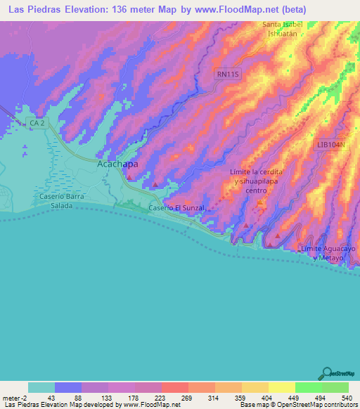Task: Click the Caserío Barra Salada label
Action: click(62, 200)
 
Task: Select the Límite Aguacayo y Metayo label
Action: click(325, 254)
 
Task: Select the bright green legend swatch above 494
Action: click(308, 387)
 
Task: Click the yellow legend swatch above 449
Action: click(281, 387)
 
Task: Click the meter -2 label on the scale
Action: click(15, 398)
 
